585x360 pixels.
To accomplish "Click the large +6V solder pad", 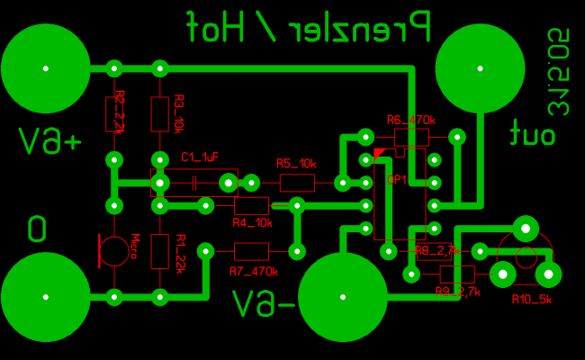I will pos(46,68).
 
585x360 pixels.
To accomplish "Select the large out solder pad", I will pos(480,68).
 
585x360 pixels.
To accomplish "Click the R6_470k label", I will pos(410,120).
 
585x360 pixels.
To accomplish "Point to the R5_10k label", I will pos(296,164).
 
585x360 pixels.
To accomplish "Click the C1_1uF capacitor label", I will pos(200,157).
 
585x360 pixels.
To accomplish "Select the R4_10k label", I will pos(252,222).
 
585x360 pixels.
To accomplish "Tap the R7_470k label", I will pos(254,271).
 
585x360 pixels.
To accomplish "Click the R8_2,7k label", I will pos(437,250).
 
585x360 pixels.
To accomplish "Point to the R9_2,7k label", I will pos(457,291).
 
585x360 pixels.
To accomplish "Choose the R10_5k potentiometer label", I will pos(531,299).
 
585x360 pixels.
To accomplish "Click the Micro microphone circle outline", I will pos(114,251).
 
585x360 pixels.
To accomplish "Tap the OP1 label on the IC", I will pos(397,179).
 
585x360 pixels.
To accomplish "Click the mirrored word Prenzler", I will pos(357,27).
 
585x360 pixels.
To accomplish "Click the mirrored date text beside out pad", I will pos(560,72).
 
